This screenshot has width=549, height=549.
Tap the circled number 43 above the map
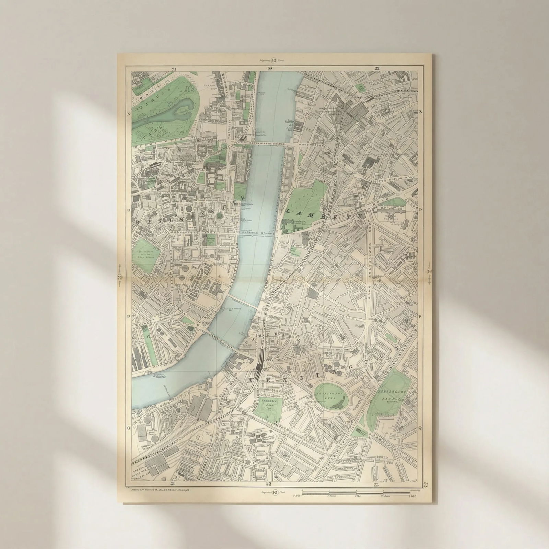pyautogui.click(x=274, y=61)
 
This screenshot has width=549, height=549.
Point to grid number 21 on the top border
pyautogui.click(x=174, y=69)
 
